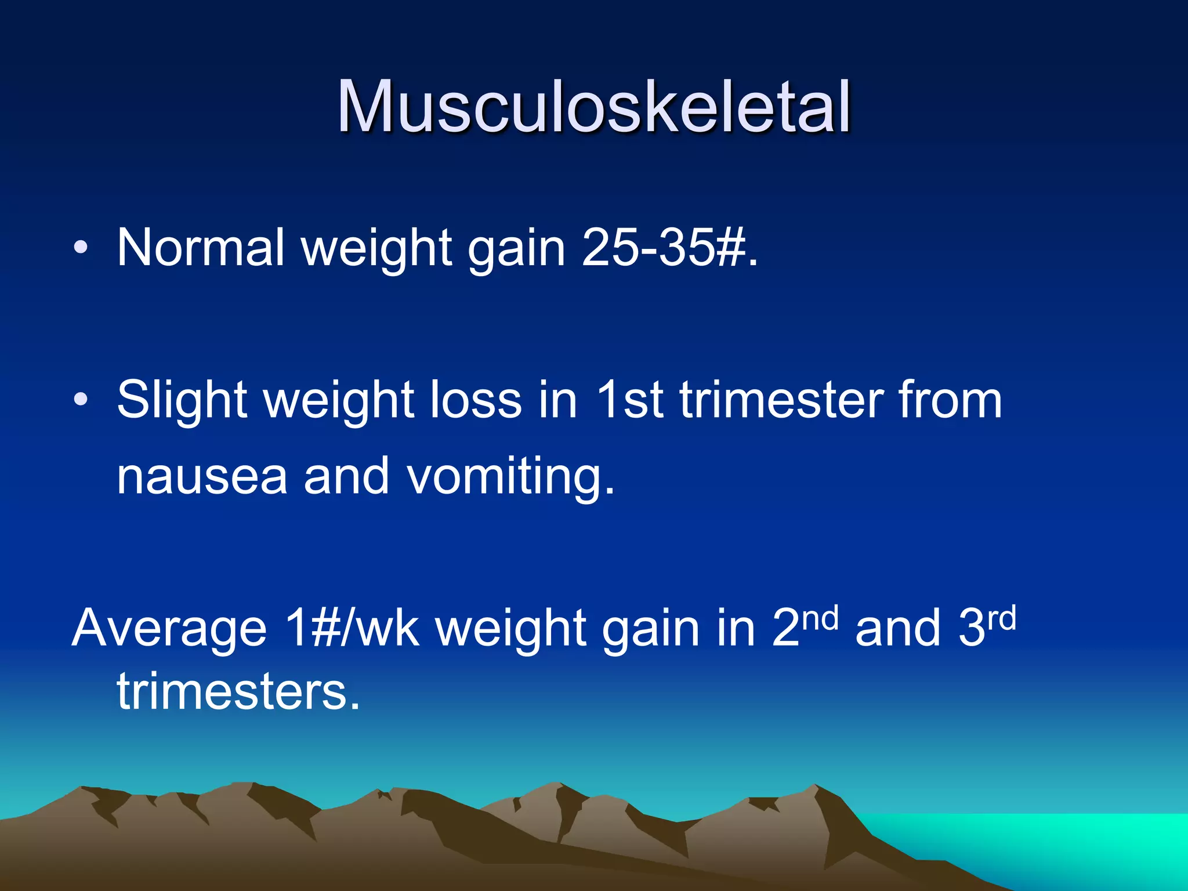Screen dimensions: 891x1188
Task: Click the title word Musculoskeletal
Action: [x=593, y=108]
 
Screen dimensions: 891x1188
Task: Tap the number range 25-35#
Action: [x=670, y=248]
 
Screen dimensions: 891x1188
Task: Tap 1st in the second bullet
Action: [x=629, y=400]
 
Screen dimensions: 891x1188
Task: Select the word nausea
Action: [x=202, y=476]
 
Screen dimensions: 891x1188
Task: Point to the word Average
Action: [x=169, y=628]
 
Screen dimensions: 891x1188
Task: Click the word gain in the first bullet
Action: [x=516, y=249]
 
